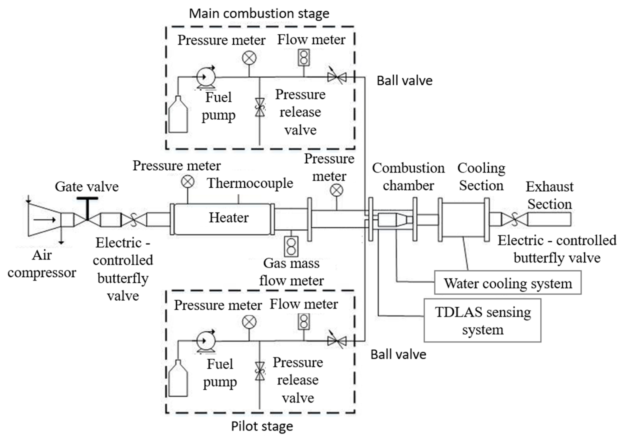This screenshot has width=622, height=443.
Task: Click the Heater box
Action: coord(222,219)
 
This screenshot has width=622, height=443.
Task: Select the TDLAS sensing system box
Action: coord(482,320)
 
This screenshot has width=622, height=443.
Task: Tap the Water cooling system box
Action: coord(507,283)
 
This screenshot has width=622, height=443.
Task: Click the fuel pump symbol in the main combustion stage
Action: coord(206,78)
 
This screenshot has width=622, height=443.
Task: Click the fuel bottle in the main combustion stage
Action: coord(178,115)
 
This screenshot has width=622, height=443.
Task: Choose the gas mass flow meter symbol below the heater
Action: coord(291,247)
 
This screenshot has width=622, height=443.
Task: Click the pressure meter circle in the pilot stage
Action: coord(249,322)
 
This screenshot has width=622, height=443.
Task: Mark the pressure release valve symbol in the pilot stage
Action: coord(260,371)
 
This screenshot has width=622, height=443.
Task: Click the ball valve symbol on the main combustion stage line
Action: coord(337,77)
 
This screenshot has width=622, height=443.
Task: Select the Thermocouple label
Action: coord(250,183)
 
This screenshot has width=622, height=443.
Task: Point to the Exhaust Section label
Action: coord(549,195)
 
